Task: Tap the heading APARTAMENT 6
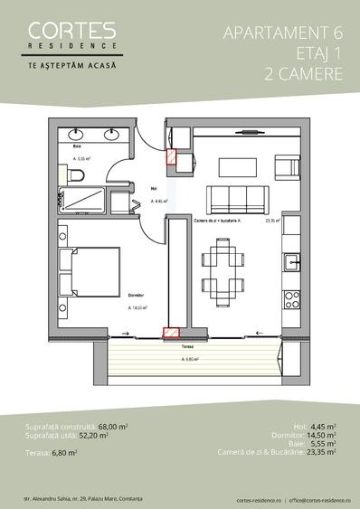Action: tap(281, 33)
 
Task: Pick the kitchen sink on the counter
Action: tap(293, 263)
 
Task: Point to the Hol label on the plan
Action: tap(153, 188)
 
